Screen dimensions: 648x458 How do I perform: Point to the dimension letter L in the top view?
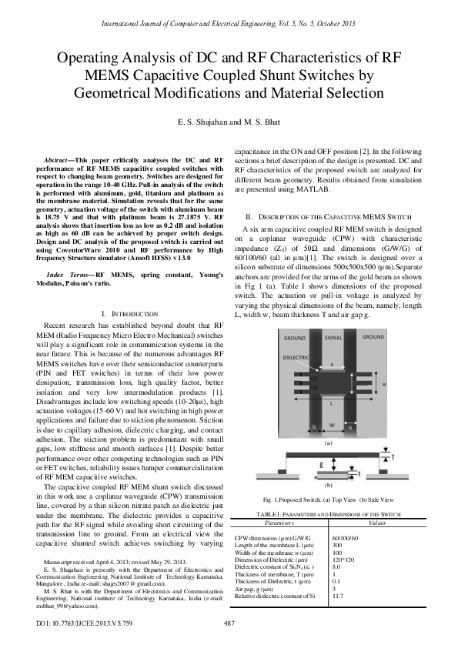[x=333, y=402]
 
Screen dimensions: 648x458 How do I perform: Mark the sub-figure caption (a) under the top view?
[x=329, y=443]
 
